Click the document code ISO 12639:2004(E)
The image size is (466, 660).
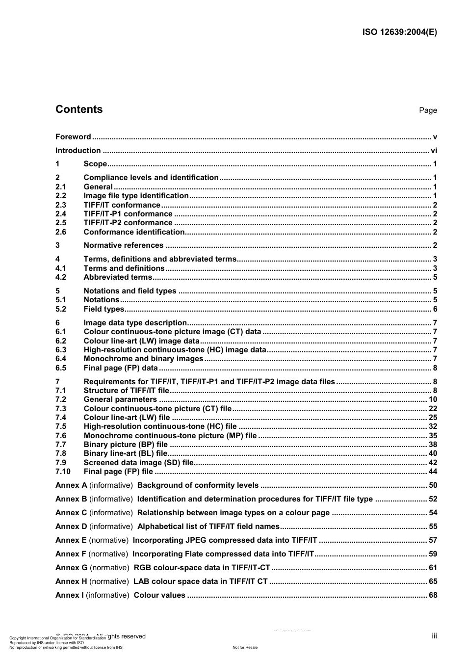399,32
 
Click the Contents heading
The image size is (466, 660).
79,109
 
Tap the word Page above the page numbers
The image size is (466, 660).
428,110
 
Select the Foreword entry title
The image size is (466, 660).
73,137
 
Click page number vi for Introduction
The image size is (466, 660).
434,151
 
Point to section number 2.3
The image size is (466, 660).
61,205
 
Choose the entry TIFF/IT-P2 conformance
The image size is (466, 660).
128,223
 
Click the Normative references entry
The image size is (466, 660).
123,245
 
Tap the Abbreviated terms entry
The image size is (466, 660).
118,277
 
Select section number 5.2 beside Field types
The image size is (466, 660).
61,309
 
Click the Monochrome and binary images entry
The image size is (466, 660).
143,359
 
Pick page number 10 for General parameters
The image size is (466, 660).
433,399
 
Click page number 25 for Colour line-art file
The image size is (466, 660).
433,418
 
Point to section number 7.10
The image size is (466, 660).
63,472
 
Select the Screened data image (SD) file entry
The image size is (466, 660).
139,463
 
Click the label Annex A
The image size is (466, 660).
71,485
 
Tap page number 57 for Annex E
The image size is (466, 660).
433,540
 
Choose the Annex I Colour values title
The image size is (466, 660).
159,595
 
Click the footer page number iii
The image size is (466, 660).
434,636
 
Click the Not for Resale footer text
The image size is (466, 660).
245,647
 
